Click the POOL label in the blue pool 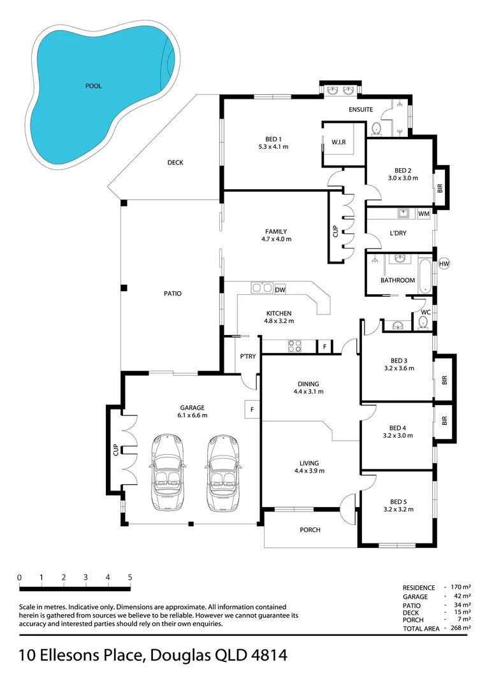93,86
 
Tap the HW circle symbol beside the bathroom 444,264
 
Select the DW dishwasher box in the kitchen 280,290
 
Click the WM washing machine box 424,214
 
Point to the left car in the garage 167,473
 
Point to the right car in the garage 222,473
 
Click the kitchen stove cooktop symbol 294,346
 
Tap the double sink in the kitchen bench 262,288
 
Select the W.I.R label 338,142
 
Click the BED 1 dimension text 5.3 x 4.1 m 273,147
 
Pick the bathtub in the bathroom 425,276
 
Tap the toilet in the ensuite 376,129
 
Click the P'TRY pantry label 248,356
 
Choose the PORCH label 310,529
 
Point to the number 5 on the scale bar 130,577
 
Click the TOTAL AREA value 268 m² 461,628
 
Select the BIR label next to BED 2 440,188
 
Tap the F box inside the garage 252,410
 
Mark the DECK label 175,162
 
